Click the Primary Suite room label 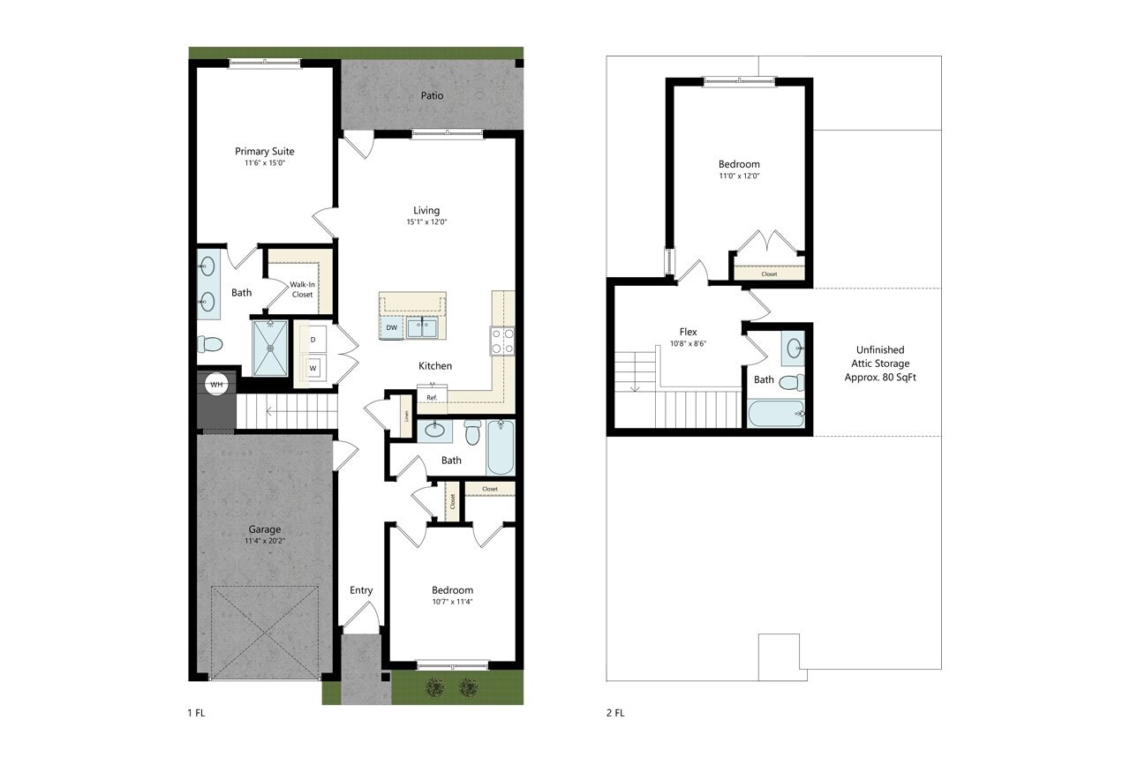coord(264,151)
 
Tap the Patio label coord(432,95)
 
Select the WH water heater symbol coord(217,384)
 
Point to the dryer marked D coord(312,339)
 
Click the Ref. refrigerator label coord(432,398)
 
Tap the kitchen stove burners coord(502,341)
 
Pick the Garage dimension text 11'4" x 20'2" coord(264,541)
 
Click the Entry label coord(361,590)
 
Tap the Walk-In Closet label coord(302,289)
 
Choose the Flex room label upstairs coord(688,332)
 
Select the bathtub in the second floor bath coord(776,413)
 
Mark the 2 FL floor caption coord(615,713)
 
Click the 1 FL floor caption coord(197,713)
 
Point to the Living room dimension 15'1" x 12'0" coord(426,222)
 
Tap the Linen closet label coord(406,415)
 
